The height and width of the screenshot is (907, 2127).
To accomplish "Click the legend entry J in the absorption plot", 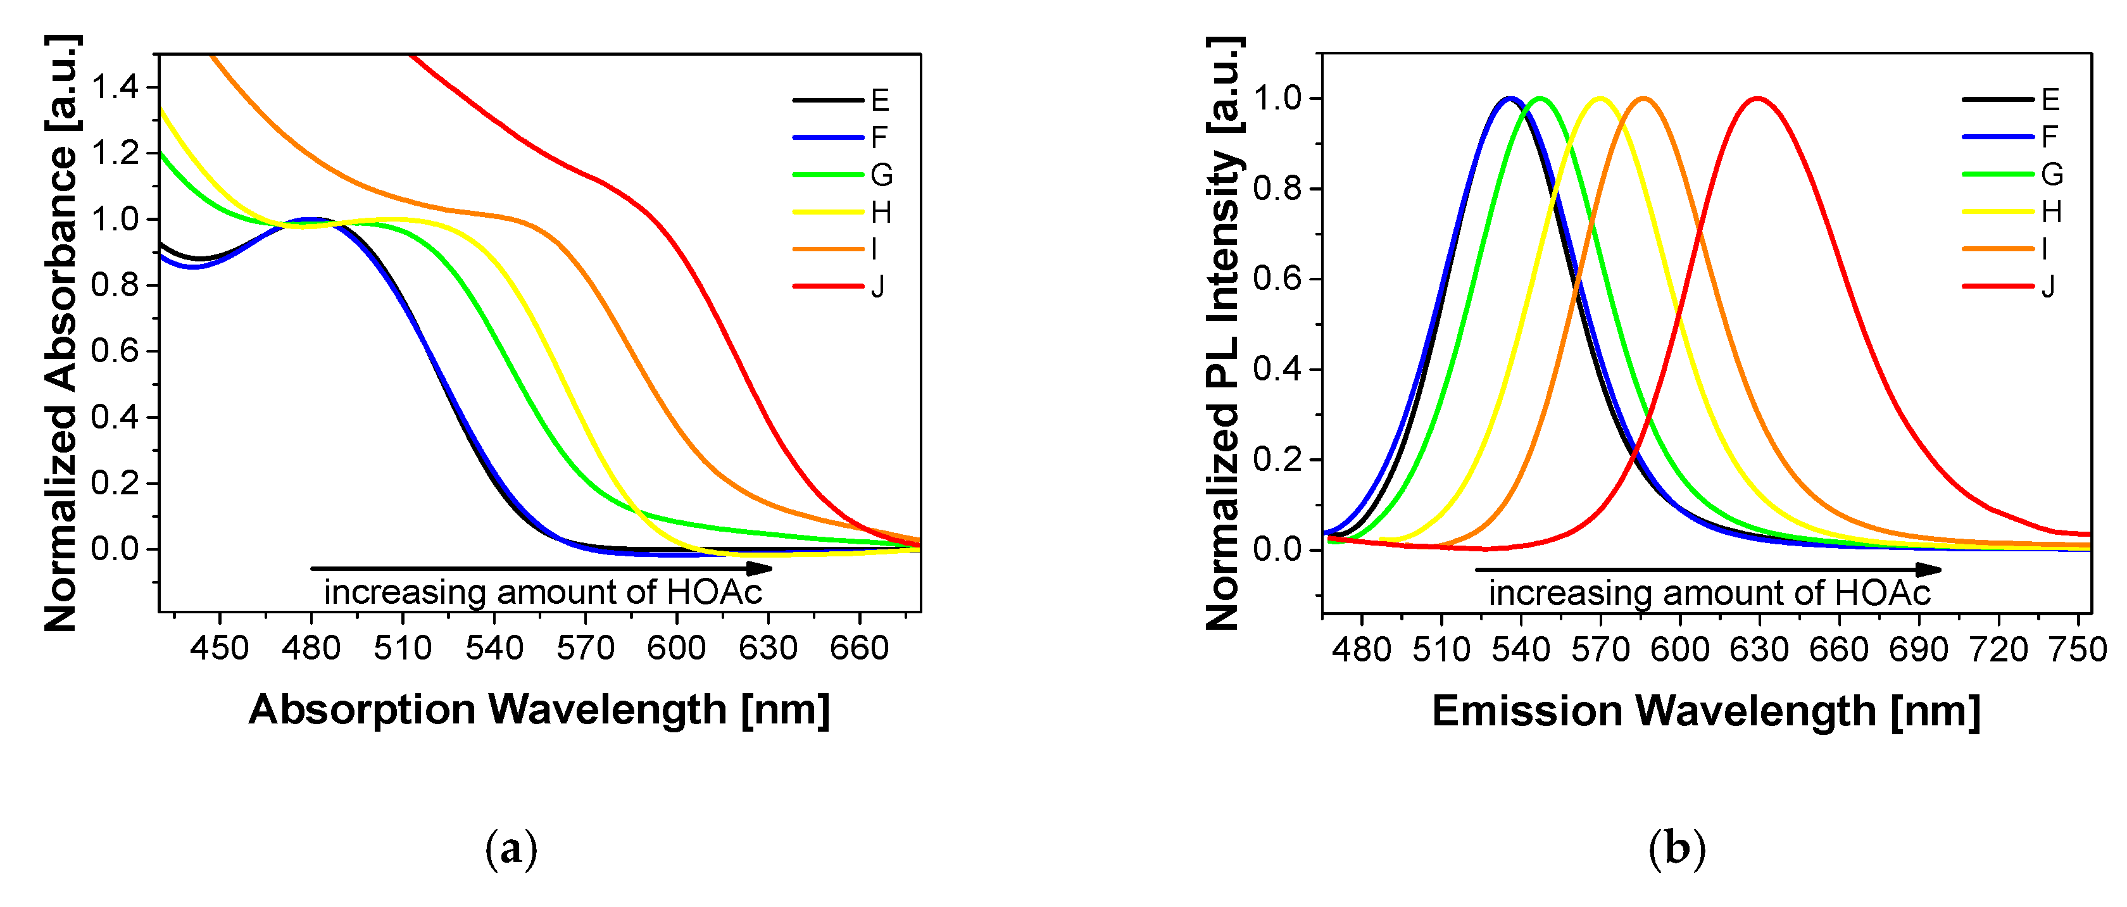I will coord(877,286).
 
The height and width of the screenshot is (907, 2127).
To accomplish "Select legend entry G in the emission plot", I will coord(2051,174).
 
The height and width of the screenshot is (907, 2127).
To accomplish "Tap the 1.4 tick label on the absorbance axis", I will coord(114,87).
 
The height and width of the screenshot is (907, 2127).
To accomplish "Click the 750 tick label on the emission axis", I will coord(2078,649).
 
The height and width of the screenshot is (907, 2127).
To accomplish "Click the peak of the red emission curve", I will coord(1758,98).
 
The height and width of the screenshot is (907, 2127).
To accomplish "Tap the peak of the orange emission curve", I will coord(1643,98).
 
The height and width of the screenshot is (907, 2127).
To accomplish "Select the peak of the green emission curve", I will coord(1539,98).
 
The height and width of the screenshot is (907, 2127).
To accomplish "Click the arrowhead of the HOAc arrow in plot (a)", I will coord(760,568).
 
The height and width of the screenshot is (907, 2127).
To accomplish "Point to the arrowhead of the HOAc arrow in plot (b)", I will coord(1929,570).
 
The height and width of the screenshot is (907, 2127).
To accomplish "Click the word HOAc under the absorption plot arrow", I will coord(714,592).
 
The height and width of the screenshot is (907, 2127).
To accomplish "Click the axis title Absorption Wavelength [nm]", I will coord(538,709).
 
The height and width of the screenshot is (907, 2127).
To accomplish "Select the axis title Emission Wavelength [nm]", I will coord(1706,711).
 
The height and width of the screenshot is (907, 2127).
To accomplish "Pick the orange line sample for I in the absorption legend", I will coord(827,248).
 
